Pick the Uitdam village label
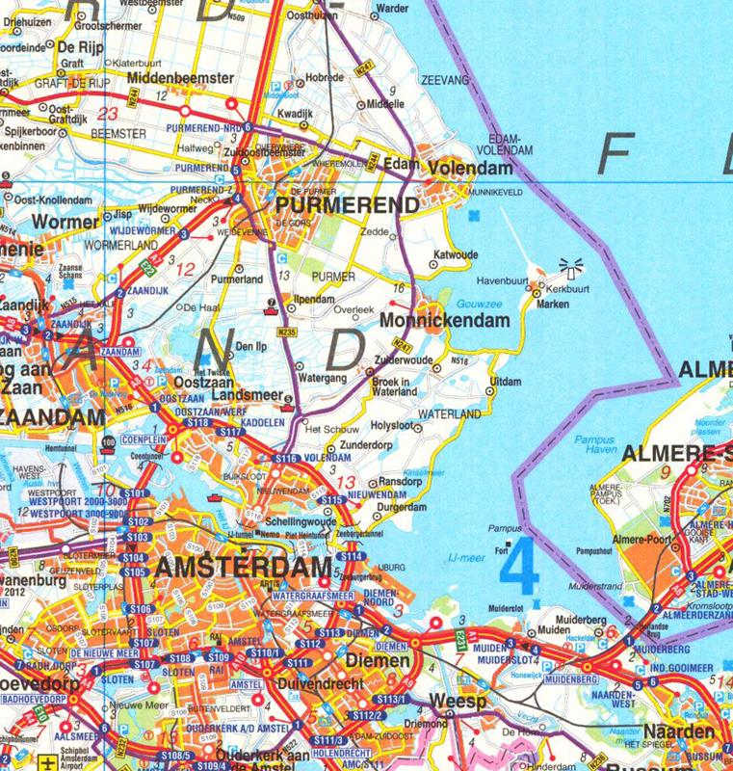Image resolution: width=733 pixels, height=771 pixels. tap(506, 383)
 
